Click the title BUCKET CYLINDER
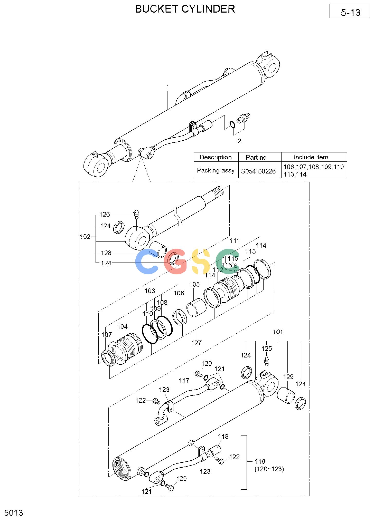click(185, 9)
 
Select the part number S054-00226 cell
click(258, 171)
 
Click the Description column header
click(216, 157)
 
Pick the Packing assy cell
click(216, 170)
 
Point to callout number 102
click(85, 237)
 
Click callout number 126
click(105, 214)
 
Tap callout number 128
click(106, 253)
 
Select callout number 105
click(194, 284)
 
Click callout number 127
click(196, 343)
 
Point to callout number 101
click(278, 332)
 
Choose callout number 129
click(288, 377)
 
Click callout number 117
click(184, 381)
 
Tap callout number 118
click(223, 437)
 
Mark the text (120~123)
click(269, 469)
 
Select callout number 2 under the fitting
click(239, 141)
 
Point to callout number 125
click(267, 348)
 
